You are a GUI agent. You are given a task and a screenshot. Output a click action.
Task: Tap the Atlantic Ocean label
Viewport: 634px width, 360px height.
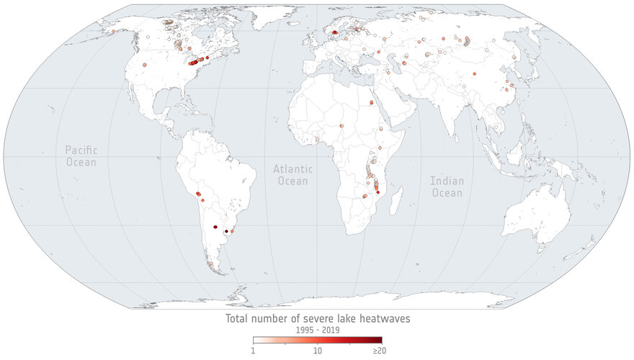pos(292,174)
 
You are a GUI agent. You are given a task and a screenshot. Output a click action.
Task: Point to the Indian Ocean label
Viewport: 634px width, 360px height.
pos(447,186)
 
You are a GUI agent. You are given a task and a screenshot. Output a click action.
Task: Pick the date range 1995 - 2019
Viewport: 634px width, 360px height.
pos(317,330)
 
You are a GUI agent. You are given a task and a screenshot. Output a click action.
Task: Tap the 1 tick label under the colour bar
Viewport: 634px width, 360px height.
pos(253,350)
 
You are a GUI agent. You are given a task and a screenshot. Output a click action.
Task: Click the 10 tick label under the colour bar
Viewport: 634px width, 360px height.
pos(317,350)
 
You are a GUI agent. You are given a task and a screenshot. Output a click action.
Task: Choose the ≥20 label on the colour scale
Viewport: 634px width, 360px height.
pos(379,350)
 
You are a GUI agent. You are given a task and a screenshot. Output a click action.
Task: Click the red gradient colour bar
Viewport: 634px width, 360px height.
pos(317,340)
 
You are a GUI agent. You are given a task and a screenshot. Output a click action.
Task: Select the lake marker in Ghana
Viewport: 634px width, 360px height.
pos(316,139)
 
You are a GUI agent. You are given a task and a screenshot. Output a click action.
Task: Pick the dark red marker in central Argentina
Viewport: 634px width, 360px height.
pos(215,228)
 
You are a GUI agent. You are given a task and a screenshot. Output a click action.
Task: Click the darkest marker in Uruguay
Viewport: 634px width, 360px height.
pos(226,231)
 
